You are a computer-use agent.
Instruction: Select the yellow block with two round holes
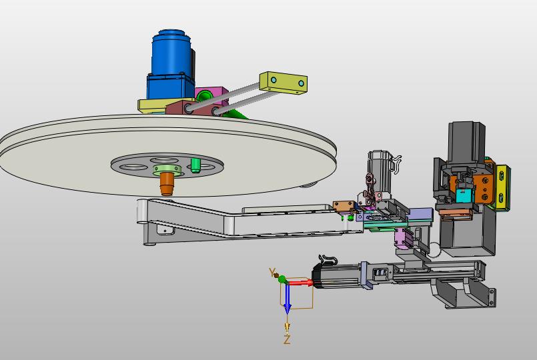click(x=284, y=83)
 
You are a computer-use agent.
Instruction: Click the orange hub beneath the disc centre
click(x=167, y=184)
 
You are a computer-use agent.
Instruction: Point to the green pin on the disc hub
click(x=195, y=165)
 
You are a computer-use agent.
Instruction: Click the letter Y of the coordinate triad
click(x=272, y=273)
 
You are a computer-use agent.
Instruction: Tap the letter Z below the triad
click(x=287, y=339)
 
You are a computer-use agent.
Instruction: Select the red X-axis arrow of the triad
click(x=300, y=283)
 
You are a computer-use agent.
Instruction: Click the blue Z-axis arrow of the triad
click(x=288, y=298)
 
